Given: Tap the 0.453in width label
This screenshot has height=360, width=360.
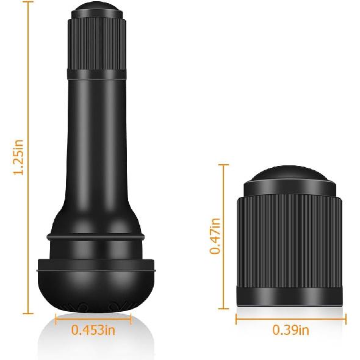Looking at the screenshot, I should (93, 331).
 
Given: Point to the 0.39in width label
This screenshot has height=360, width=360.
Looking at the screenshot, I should (290, 331).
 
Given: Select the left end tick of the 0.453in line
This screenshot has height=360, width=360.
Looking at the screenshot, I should (56, 319).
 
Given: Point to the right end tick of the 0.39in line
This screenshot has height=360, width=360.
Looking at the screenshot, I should (346, 319).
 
